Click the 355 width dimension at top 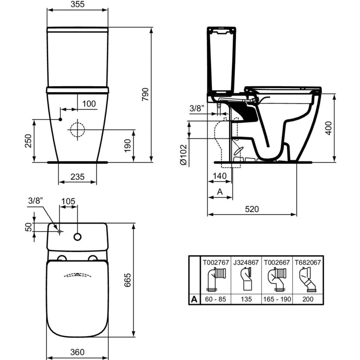click(77, 5)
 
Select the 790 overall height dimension click(145, 94)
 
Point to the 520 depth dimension click(252, 209)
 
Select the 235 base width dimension click(77, 176)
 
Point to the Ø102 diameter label click(183, 155)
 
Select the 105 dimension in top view click(68, 201)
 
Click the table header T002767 click(215, 262)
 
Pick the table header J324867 click(246, 262)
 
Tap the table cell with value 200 click(308, 299)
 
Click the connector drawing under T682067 click(308, 280)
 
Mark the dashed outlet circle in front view click(77, 130)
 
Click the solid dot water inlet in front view click(60, 119)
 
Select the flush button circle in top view click(77, 237)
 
